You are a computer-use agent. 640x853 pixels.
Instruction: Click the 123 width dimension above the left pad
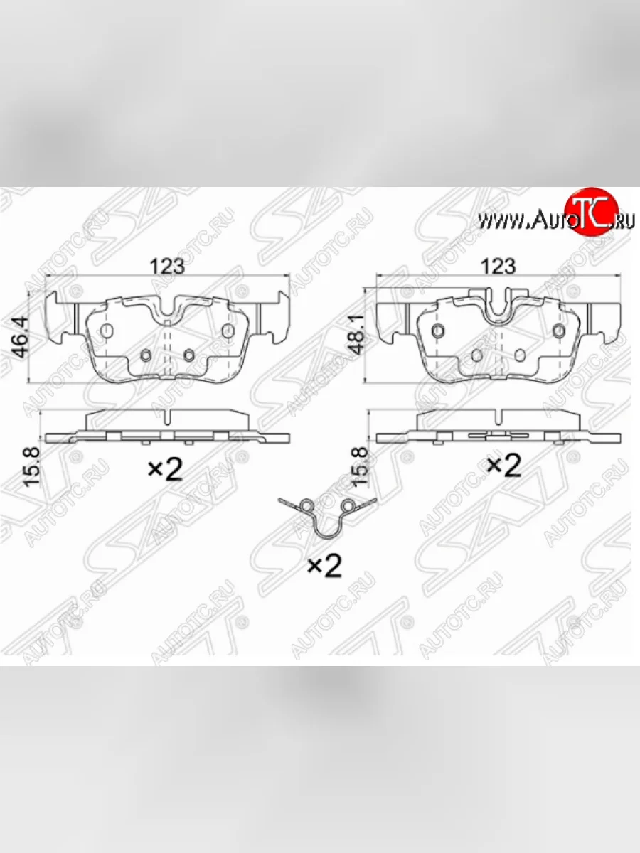coord(167,266)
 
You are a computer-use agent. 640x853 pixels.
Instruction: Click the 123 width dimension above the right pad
coord(498,266)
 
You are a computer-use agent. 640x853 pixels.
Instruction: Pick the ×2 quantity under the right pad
coord(503,465)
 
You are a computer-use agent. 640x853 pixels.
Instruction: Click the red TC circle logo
coord(592,212)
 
